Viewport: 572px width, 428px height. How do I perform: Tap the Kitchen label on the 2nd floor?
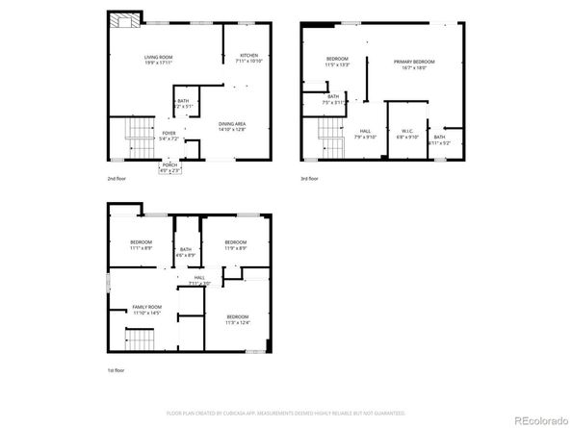(249, 57)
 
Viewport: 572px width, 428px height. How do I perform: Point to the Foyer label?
(169, 134)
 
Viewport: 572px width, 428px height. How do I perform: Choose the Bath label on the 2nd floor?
(183, 101)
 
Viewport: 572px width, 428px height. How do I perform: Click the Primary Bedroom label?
(414, 63)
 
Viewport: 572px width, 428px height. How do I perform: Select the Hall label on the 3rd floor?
(366, 131)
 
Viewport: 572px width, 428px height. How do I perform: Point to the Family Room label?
(146, 307)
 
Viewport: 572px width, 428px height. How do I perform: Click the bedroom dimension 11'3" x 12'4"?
(238, 321)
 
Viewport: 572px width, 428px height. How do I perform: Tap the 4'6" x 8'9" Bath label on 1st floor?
(186, 254)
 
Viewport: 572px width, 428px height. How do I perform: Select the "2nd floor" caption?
(117, 179)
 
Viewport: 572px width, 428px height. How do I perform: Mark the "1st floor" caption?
(117, 370)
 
